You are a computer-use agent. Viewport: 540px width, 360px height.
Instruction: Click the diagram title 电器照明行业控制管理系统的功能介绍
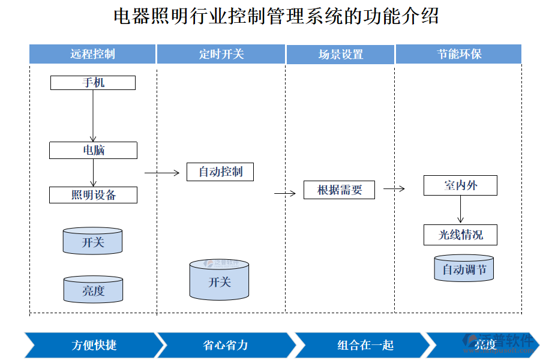[275, 16]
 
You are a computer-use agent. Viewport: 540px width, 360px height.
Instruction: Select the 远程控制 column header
[92, 54]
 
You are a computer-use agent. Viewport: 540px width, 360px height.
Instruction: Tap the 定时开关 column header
[221, 54]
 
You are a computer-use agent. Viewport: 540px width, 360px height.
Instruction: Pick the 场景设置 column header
[340, 54]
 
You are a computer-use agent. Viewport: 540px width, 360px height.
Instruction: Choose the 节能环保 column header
[458, 54]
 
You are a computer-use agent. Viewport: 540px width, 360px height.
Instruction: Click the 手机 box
[93, 83]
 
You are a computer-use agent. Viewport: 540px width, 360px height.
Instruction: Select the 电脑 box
[93, 150]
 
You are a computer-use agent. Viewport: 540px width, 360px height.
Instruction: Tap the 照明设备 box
[93, 195]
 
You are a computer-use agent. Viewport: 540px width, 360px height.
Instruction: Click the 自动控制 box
[220, 172]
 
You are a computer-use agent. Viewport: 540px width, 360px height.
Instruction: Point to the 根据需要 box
[339, 190]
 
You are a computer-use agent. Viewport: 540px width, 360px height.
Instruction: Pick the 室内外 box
[460, 185]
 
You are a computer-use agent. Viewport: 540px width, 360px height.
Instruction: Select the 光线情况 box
[460, 235]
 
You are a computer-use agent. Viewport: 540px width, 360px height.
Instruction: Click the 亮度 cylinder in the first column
[93, 290]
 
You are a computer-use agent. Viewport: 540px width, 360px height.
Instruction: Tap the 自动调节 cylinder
[464, 269]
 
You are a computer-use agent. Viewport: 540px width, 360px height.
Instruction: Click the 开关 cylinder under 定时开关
[219, 280]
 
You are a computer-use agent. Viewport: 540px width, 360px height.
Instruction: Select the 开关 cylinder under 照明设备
[93, 241]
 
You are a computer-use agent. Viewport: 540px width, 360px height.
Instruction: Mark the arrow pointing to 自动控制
[162, 173]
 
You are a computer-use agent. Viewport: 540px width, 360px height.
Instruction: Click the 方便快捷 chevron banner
[93, 345]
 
